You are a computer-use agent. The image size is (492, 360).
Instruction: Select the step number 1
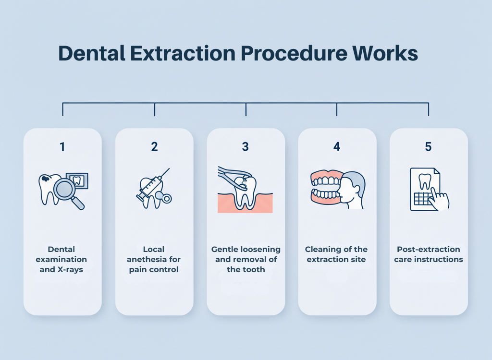[62, 147]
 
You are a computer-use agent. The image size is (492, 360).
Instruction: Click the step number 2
[154, 147]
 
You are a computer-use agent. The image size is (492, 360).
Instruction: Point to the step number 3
[246, 147]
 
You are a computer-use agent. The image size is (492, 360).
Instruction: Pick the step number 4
[337, 147]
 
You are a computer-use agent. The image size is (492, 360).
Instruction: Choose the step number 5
[428, 147]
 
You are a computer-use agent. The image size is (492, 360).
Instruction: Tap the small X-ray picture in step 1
[77, 181]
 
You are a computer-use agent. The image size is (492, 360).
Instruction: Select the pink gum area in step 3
[226, 204]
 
